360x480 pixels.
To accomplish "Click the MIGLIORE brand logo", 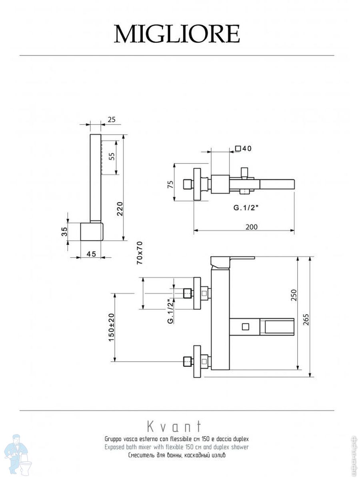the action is (177, 34).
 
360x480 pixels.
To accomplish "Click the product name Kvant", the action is (174, 426).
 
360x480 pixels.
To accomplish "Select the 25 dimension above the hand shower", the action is (111, 120).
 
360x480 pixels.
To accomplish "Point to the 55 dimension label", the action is (112, 156).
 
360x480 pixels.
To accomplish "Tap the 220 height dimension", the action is (120, 209).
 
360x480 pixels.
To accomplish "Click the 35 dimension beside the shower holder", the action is (64, 232).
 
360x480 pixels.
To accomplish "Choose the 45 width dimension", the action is (91, 254).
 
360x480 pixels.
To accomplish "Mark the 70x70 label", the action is (140, 253).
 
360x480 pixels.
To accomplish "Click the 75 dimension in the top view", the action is (170, 184).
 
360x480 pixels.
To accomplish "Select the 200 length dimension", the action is (251, 227).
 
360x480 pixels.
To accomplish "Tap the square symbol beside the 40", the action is (238, 149).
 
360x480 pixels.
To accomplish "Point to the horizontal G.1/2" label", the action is (246, 208).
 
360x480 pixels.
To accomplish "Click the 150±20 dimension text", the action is (111, 327).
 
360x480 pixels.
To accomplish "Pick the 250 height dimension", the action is (294, 295).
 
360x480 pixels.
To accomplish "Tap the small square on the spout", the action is (246, 327).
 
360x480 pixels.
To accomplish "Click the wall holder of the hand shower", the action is (91, 232).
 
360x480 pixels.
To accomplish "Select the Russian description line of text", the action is (177, 455).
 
